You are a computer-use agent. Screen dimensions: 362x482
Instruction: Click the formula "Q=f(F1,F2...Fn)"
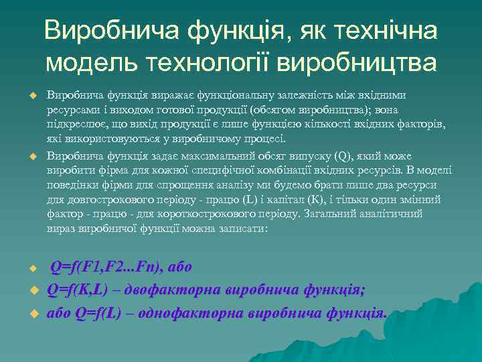pos(107,267)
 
